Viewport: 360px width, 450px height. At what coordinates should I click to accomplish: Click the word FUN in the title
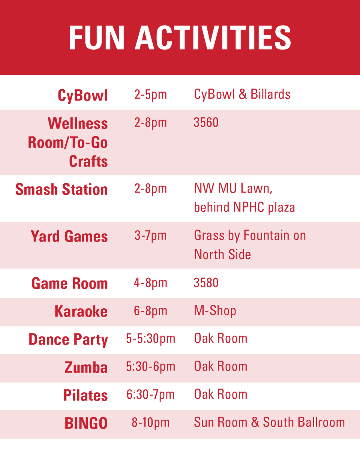coord(97,38)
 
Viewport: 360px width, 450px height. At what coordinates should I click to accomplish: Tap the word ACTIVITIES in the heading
coord(213,38)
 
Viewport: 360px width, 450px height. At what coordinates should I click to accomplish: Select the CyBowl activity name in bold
coord(83,95)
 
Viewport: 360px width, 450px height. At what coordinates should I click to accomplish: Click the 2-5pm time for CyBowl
coord(150,94)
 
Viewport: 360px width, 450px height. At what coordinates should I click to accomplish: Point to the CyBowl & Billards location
coord(242,94)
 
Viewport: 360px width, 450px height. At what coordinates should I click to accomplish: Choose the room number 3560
coord(206,123)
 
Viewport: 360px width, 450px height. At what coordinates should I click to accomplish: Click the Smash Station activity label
coord(61,189)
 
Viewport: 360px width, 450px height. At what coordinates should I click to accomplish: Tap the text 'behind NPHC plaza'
coord(244,207)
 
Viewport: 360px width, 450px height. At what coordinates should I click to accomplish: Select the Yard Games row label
coord(69,237)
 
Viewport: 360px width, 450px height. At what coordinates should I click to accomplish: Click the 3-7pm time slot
coord(150,235)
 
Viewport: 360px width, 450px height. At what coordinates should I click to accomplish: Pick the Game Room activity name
coord(70,283)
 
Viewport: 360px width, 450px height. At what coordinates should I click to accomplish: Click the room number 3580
coord(206,282)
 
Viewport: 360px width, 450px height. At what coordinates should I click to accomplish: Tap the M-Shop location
coord(215,310)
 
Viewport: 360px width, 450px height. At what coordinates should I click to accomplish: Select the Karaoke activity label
coord(81,311)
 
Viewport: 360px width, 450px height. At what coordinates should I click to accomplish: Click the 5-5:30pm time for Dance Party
coord(150,339)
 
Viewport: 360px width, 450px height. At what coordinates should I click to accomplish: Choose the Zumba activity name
coord(86,367)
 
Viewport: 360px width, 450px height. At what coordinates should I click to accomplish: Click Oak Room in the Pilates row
coord(220,394)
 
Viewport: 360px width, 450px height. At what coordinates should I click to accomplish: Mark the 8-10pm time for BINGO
coord(150,423)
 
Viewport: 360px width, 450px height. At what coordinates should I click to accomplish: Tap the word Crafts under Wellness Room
coord(88,161)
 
